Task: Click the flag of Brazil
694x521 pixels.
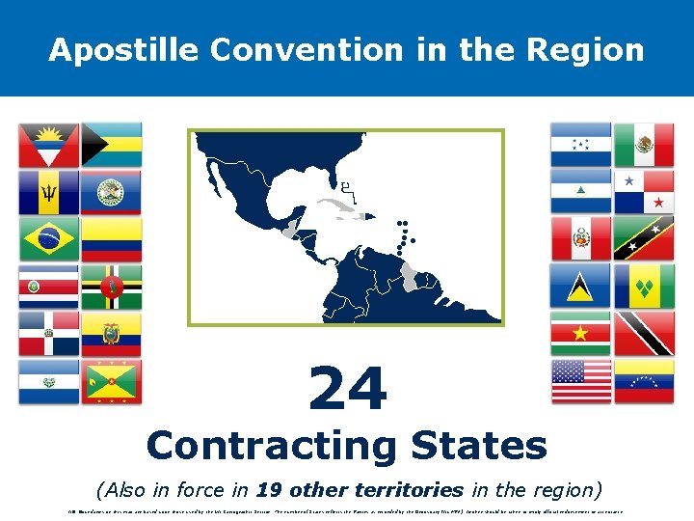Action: click(x=49, y=238)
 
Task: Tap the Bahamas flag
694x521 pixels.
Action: click(x=112, y=145)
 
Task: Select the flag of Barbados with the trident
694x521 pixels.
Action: click(x=49, y=192)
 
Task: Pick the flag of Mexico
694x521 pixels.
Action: click(x=644, y=145)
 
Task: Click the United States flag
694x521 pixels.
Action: click(x=581, y=380)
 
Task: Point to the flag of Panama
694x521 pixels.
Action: click(x=644, y=191)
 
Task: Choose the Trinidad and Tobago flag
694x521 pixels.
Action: click(x=644, y=333)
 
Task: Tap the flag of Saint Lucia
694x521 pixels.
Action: click(x=581, y=286)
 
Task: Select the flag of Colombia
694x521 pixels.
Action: click(x=112, y=238)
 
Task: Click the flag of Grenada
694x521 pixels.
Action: click(x=112, y=381)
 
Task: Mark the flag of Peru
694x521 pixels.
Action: click(x=581, y=238)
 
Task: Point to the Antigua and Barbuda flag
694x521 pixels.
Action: click(x=49, y=145)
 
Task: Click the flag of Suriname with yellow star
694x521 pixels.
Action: click(x=581, y=333)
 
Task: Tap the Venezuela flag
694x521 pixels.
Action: click(x=644, y=380)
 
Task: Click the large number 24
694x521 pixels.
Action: click(x=347, y=389)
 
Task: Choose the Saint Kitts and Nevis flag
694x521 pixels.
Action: click(x=644, y=238)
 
